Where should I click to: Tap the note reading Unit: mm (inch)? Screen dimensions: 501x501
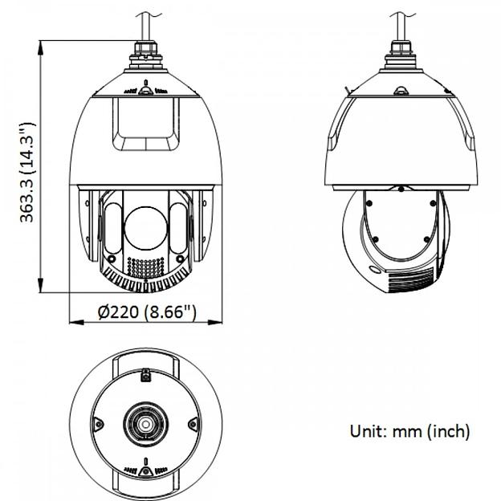pos(409,431)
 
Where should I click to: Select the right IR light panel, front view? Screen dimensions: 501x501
pos(179,228)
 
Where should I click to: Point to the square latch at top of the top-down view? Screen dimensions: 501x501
pos(146,374)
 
